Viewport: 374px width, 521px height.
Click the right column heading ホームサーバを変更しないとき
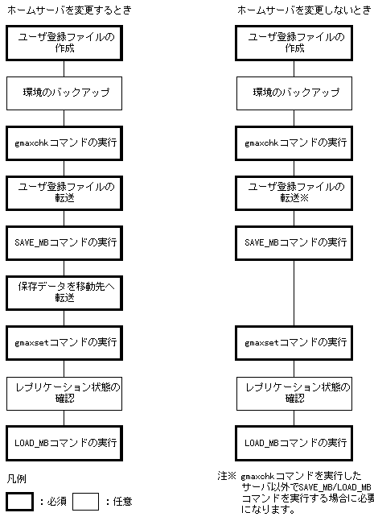coord(294,10)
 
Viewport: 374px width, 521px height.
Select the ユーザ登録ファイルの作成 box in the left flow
coord(64,43)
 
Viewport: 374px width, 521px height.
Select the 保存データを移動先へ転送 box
coord(64,292)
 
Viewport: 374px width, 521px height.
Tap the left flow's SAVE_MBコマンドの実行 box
coord(64,242)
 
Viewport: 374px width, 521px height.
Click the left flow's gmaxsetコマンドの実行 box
coord(64,341)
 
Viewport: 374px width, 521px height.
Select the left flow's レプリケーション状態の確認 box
coord(64,391)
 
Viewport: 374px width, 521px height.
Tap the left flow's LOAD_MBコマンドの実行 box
coord(64,442)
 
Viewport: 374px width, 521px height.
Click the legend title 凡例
coord(16,478)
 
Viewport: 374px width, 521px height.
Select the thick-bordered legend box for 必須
coord(20,502)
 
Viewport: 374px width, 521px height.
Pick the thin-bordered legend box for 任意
coord(85,502)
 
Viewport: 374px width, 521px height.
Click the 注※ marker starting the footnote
coord(227,476)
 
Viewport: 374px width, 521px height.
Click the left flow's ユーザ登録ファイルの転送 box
coord(64,192)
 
